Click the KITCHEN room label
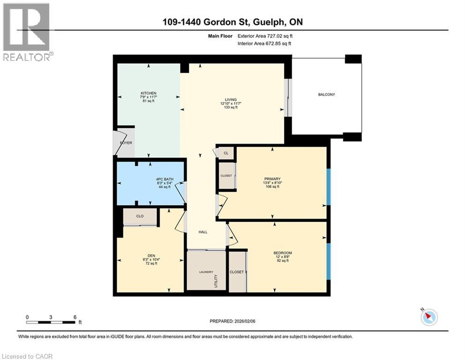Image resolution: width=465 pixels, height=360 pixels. tap(148, 93)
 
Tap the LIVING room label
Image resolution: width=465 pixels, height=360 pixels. tap(230, 99)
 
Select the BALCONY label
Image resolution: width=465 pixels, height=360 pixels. tap(326, 95)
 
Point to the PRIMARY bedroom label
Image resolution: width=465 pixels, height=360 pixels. tap(272, 179)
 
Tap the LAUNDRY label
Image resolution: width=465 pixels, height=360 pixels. tap(206, 272)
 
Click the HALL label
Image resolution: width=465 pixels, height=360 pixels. tap(202, 232)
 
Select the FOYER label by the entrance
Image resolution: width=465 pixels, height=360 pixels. tap(125, 142)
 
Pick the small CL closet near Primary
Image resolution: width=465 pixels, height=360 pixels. tap(226, 153)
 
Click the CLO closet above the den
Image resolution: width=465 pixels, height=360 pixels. tap(140, 216)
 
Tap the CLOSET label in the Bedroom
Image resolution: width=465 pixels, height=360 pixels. tap(236, 272)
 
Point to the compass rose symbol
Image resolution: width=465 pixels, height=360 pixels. tap(428, 317)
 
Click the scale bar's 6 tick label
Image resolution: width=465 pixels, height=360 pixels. tap(75, 317)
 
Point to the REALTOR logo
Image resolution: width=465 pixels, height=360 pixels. tap(26, 32)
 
